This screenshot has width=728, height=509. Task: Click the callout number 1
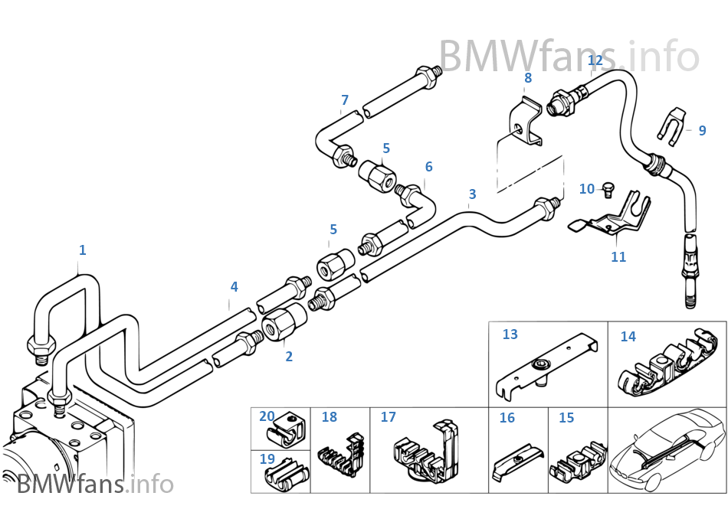point(83,250)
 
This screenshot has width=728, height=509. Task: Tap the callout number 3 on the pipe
point(472,194)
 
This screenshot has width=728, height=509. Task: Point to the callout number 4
point(234,287)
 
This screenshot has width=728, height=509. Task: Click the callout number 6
point(428,167)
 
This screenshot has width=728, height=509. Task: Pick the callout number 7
point(345,100)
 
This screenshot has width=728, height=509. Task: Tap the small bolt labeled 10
point(610,186)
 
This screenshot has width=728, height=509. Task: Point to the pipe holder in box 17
point(425,455)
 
